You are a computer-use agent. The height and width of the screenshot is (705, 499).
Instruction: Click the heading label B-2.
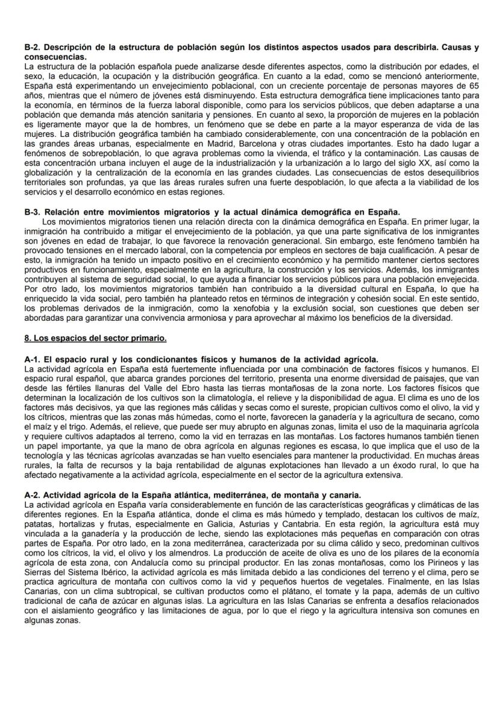32,47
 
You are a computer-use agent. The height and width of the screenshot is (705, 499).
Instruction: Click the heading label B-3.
32,212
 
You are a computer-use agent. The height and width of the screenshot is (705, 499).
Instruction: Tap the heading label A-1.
32,360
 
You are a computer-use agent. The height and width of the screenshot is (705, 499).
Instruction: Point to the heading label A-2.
32,495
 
